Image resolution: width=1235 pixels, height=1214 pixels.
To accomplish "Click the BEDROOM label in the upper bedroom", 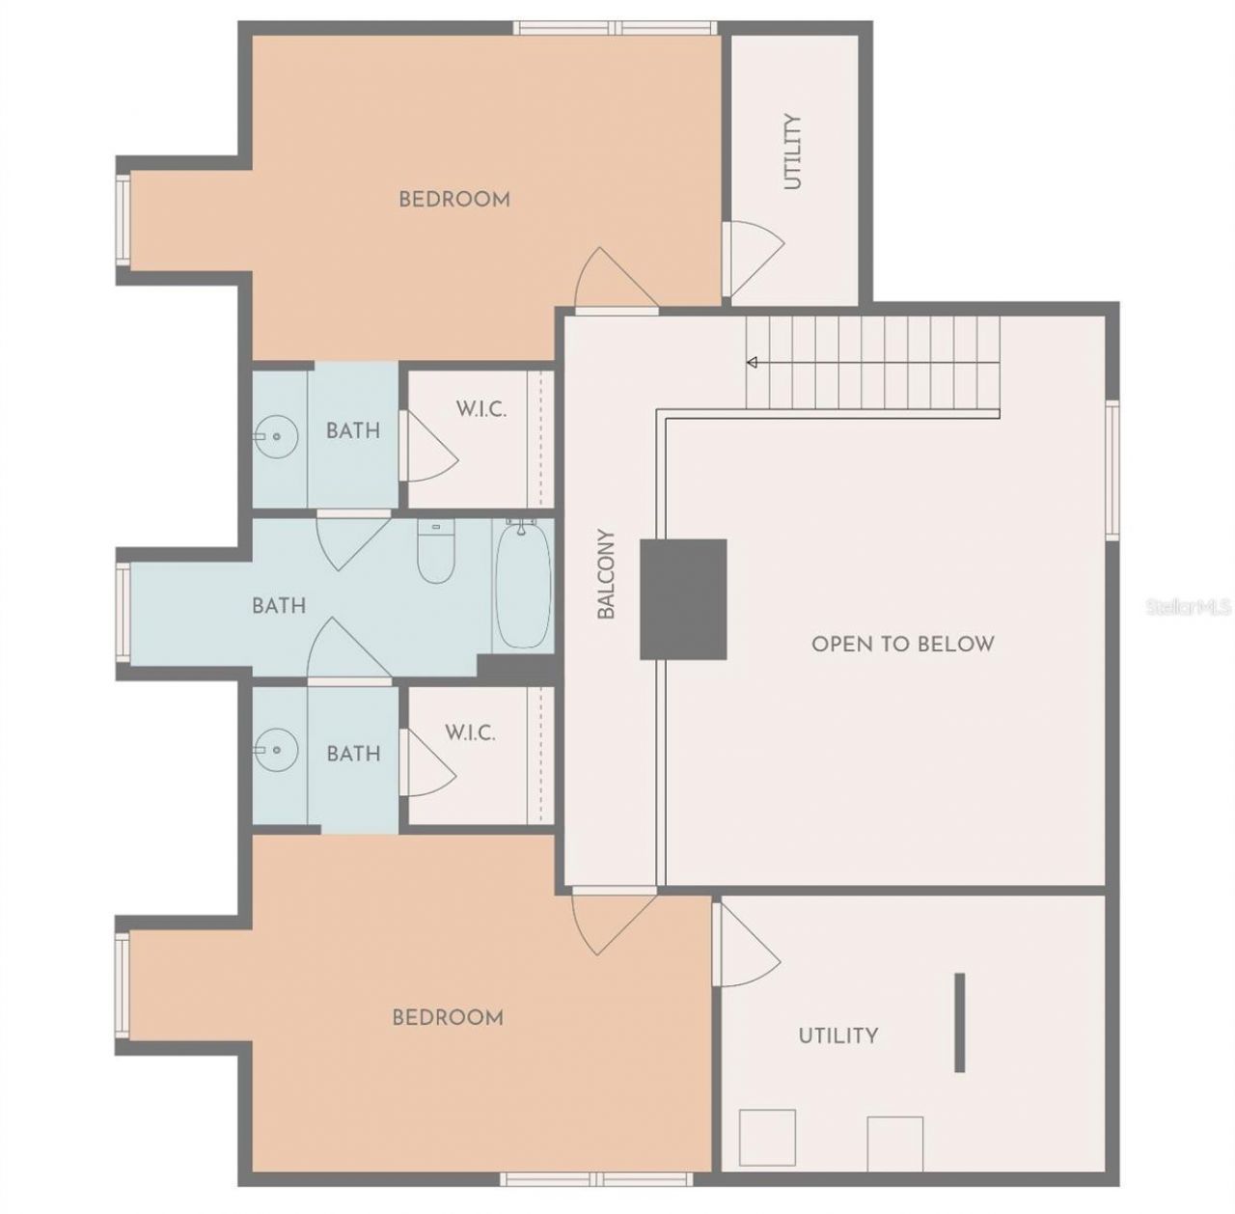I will click(454, 200).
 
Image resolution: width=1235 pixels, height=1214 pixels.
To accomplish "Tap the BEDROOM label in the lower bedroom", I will click(448, 1017).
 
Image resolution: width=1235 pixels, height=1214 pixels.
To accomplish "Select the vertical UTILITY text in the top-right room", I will click(792, 152).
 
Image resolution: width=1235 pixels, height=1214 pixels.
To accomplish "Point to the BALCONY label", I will click(606, 573).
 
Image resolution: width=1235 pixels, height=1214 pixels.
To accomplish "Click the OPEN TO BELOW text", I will click(902, 644).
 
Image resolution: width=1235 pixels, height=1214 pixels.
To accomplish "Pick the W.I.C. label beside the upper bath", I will click(480, 409).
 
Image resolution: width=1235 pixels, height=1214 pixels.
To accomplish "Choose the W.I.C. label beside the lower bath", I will click(470, 732).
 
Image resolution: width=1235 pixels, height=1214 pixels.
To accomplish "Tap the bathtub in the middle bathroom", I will click(523, 585).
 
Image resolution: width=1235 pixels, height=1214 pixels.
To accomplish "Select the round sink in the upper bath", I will click(276, 437).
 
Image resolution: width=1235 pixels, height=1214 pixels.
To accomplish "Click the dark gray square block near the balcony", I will click(683, 599).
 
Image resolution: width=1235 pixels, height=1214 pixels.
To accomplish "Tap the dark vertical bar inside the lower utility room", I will click(959, 1022).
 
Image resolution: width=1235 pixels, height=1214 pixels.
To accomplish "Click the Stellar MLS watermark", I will click(1188, 607).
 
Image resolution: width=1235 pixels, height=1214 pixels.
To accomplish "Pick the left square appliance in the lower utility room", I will click(767, 1138).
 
